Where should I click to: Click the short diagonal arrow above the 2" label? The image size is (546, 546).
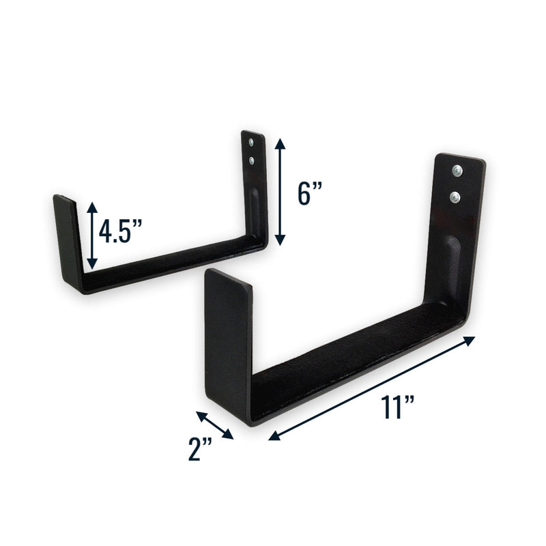[215, 425]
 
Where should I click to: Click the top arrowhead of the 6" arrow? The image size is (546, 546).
[278, 141]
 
